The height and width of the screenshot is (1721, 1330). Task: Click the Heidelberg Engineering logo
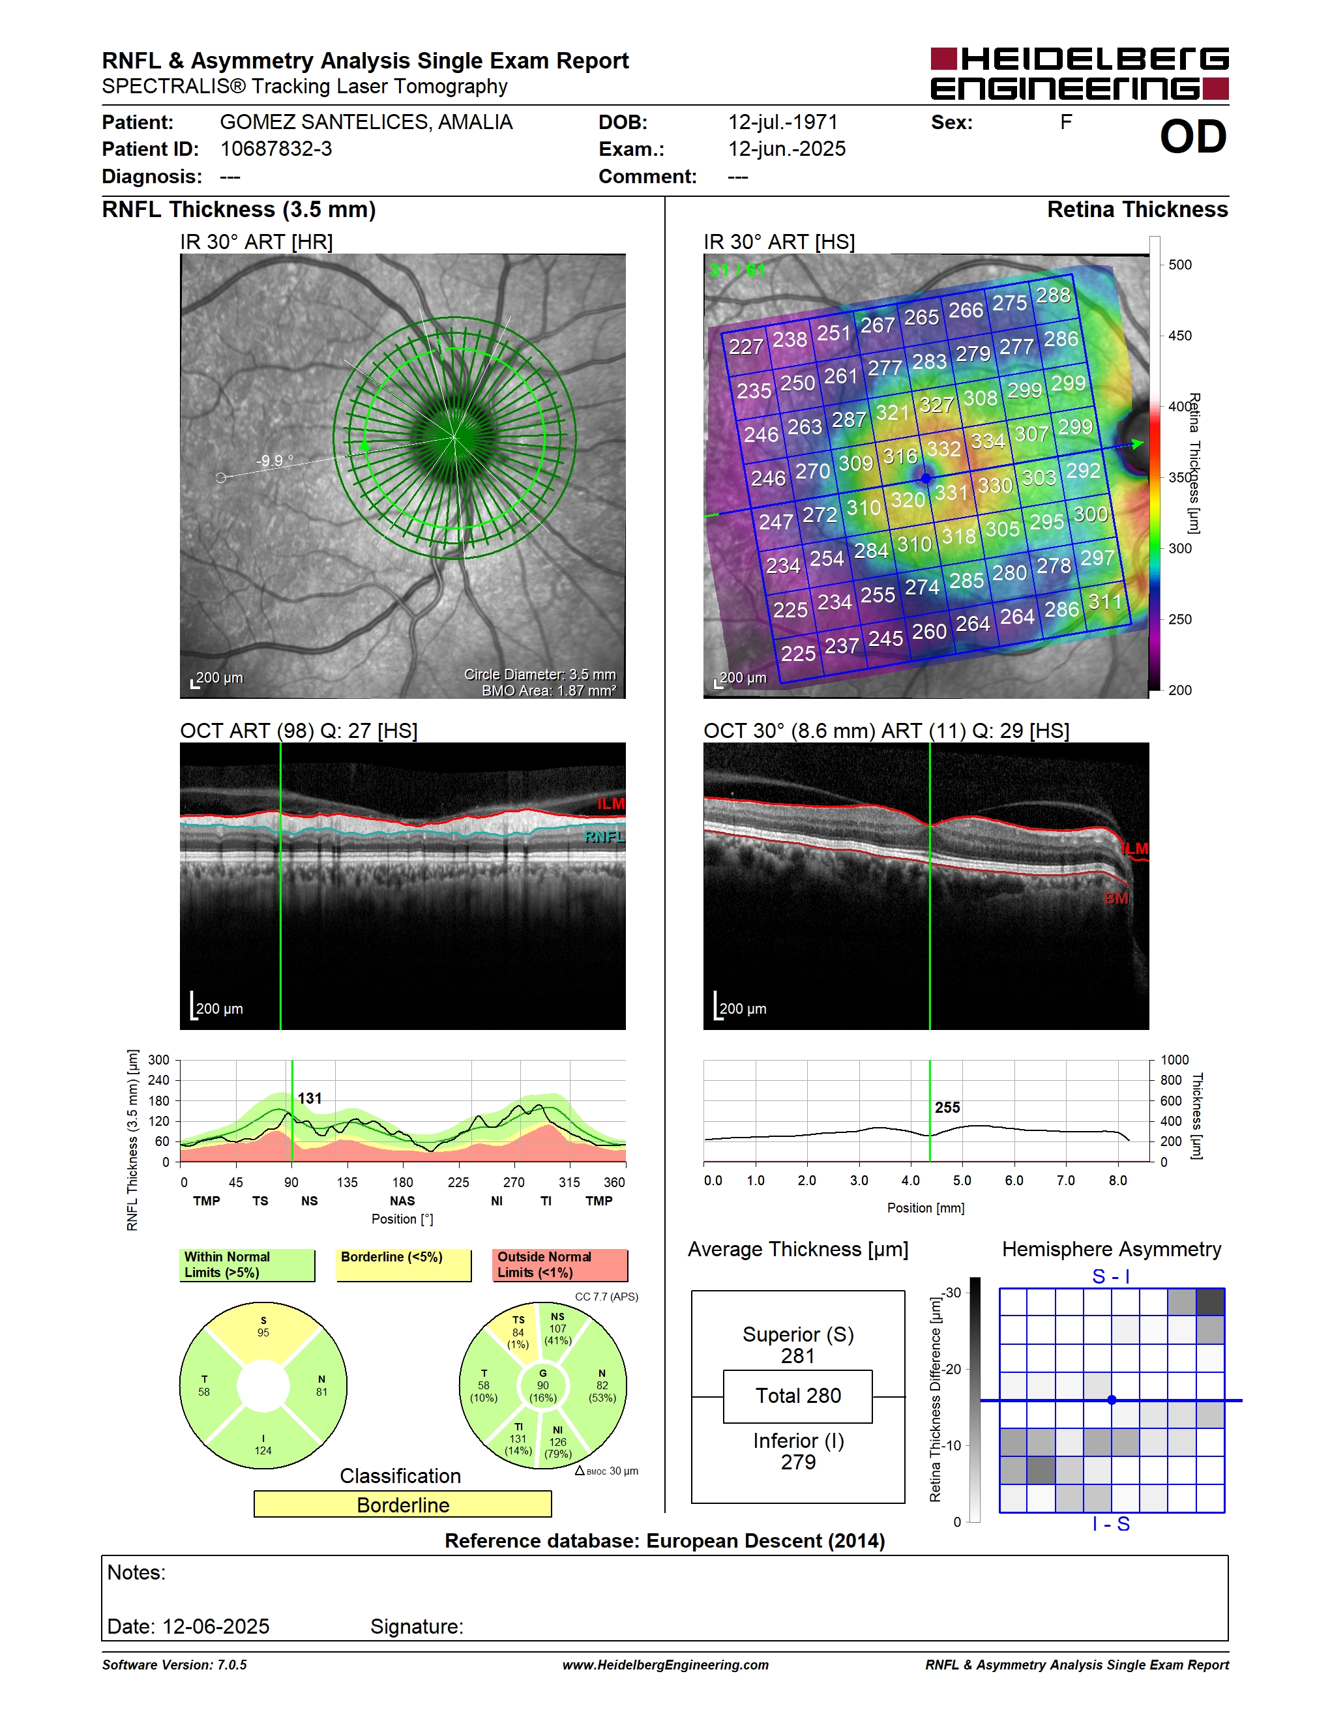coord(1080,73)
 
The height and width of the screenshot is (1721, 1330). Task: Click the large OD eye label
coord(1193,137)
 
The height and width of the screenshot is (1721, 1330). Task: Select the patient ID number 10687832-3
coord(276,149)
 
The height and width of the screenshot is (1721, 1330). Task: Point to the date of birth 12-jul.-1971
coord(782,122)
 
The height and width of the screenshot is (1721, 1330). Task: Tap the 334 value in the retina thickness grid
coord(987,441)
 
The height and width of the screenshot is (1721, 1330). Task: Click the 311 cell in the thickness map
coord(1104,602)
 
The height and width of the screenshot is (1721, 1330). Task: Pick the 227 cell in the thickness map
coord(745,347)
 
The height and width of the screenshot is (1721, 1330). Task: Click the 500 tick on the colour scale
coord(1179,265)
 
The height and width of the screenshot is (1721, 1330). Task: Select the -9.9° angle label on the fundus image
coord(275,460)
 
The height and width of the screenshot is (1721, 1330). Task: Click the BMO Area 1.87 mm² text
coord(549,690)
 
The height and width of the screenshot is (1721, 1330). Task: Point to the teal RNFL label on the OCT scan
coord(604,837)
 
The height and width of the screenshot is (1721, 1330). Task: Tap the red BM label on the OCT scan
coord(1116,898)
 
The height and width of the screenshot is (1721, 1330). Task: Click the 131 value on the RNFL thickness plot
coord(310,1098)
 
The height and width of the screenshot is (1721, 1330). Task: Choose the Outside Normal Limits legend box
coord(560,1265)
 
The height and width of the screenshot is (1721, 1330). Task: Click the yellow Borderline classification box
coord(403,1505)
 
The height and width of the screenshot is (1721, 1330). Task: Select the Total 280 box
coord(797,1396)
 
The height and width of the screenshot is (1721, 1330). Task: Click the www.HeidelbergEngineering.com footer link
coord(665,1664)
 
